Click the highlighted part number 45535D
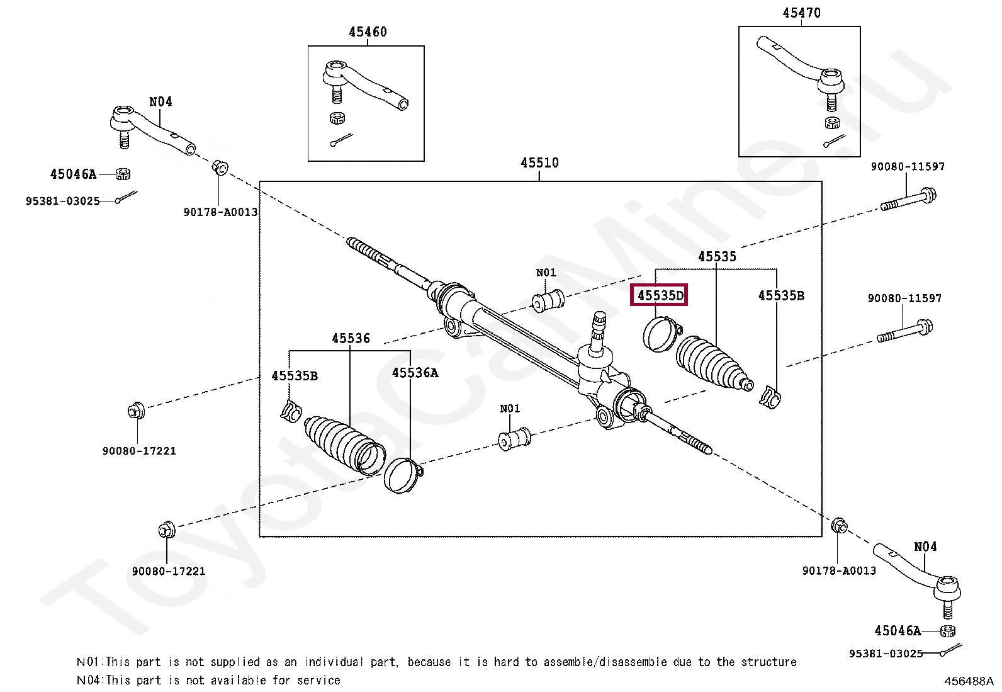[660, 295]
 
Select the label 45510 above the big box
[539, 162]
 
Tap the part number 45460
[368, 31]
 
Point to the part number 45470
[802, 13]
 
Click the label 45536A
[415, 373]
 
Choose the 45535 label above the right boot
[717, 256]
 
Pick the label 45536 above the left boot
[351, 338]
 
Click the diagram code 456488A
[969, 681]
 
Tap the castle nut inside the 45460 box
[337, 118]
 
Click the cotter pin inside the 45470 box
[834, 140]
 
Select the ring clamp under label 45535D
[662, 334]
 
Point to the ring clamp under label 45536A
[403, 476]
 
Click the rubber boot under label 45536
[345, 445]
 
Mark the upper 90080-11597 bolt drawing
[908, 200]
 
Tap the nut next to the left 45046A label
[123, 174]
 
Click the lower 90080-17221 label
[169, 571]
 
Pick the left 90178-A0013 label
[220, 212]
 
